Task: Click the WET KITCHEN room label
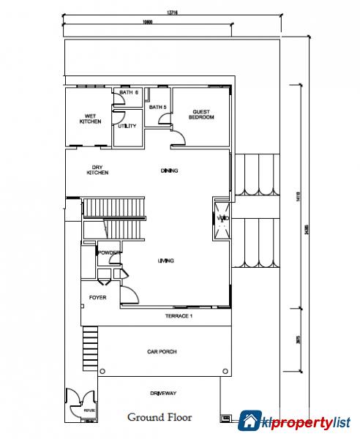[x=90, y=119]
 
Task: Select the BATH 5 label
[x=158, y=108]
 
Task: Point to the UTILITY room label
[x=127, y=126]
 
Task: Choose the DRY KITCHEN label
[x=97, y=169]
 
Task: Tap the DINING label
[x=170, y=171]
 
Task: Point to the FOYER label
[x=97, y=298]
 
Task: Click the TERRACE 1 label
[x=178, y=315]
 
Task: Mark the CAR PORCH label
[x=162, y=352]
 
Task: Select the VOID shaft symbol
[x=222, y=219]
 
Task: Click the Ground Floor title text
[x=160, y=418]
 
